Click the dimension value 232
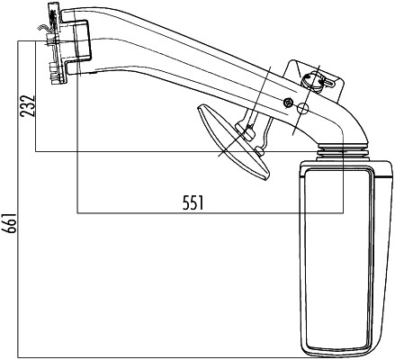[27, 106]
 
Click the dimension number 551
[193, 202]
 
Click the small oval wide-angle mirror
[233, 142]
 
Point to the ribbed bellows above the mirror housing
[342, 152]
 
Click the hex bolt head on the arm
[288, 103]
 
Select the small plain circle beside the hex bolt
[302, 109]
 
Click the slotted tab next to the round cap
[328, 83]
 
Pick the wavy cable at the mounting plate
[44, 29]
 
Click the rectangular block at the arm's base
[81, 40]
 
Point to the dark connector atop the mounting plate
[53, 14]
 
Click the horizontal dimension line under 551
[211, 213]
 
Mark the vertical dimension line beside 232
[36, 96]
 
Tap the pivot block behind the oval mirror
[246, 130]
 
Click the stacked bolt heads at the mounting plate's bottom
[55, 73]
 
